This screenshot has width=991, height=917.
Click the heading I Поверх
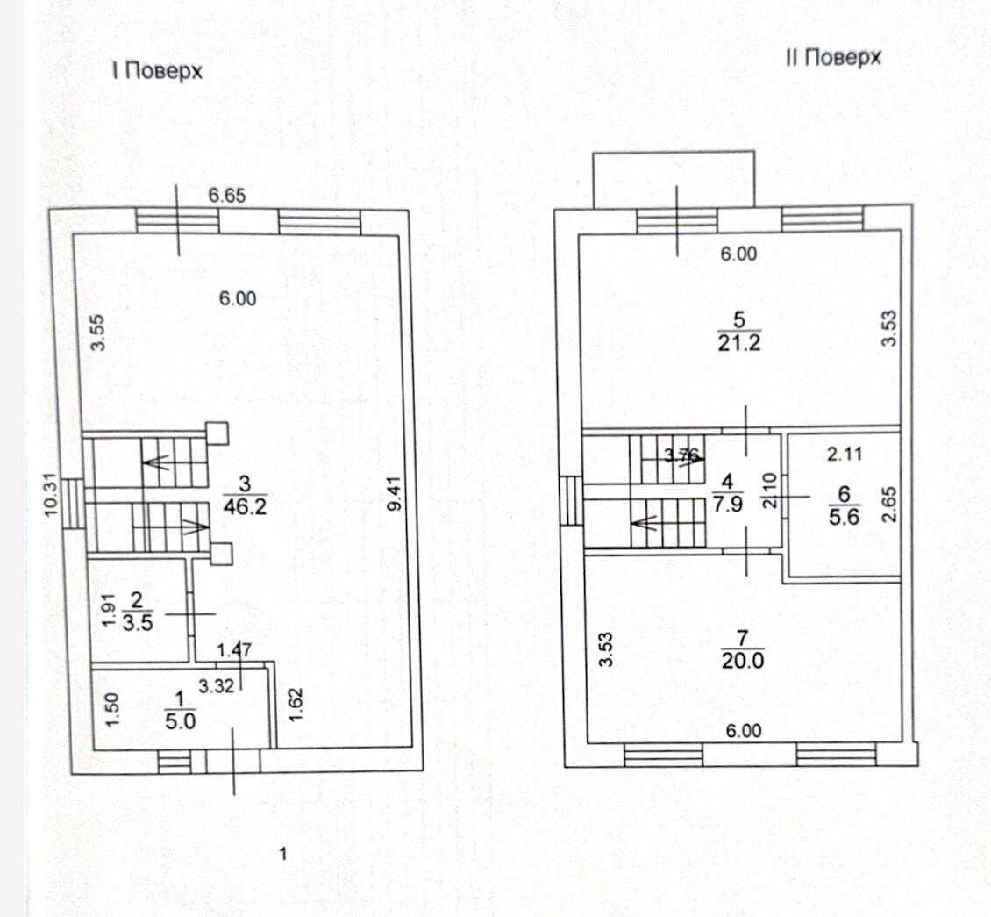[157, 70]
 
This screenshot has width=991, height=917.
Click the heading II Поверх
[833, 58]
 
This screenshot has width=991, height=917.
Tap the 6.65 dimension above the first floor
[227, 196]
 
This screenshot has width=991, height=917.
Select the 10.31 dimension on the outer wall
[51, 495]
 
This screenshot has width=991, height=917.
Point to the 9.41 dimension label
[395, 494]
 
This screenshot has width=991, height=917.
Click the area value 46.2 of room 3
[246, 506]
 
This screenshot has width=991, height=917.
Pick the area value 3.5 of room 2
[138, 623]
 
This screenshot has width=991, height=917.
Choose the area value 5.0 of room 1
[181, 721]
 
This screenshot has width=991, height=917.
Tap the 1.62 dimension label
[296, 705]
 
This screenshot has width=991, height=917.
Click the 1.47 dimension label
[234, 650]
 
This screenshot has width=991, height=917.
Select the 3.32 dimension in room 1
[216, 685]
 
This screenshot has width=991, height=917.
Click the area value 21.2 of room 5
[739, 343]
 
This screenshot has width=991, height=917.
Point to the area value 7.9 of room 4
[727, 505]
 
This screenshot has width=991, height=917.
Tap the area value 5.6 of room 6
[845, 517]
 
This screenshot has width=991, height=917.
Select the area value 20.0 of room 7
[743, 660]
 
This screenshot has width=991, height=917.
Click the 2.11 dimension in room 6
[845, 454]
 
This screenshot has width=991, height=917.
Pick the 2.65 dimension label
[889, 504]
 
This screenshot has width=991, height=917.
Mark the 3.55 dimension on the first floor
[97, 333]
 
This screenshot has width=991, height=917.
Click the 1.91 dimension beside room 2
[110, 610]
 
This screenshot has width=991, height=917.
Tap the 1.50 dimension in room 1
[111, 710]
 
